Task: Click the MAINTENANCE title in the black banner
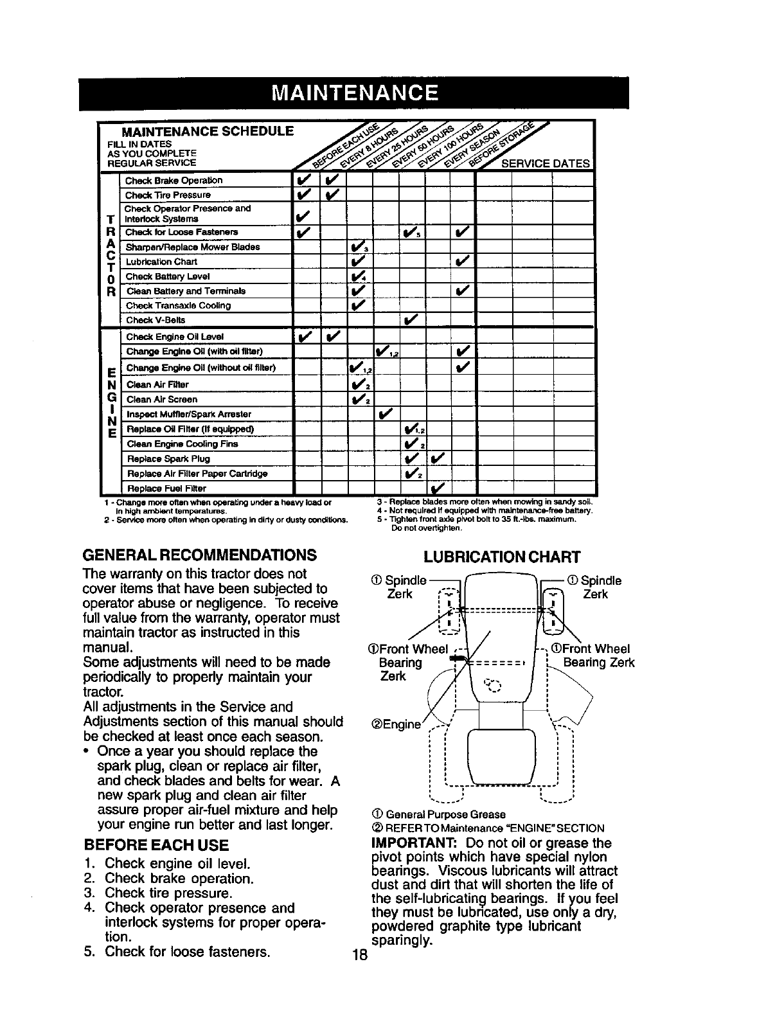[354, 94]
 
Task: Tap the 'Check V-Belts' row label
[156, 320]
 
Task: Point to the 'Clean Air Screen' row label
[162, 399]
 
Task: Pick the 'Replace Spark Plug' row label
[168, 459]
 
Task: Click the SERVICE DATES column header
[545, 163]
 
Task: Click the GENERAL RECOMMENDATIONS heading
[200, 555]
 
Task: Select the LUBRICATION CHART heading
[501, 557]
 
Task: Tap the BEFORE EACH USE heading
[156, 844]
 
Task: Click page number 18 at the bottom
[360, 954]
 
